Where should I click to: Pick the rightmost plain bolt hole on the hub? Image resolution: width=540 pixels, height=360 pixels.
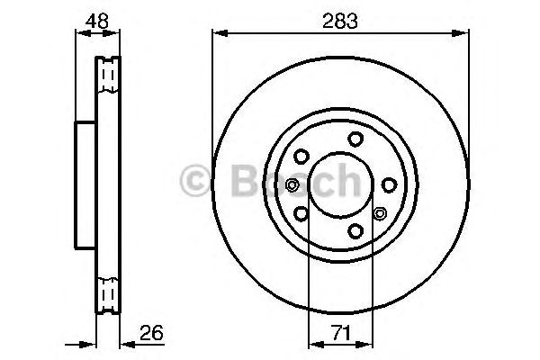[x=389, y=184]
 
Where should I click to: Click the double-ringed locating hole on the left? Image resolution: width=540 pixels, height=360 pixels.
[x=291, y=185]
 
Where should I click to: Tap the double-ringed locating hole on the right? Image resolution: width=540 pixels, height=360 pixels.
[x=379, y=214]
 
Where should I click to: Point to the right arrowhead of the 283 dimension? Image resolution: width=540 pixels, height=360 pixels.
[x=465, y=34]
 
